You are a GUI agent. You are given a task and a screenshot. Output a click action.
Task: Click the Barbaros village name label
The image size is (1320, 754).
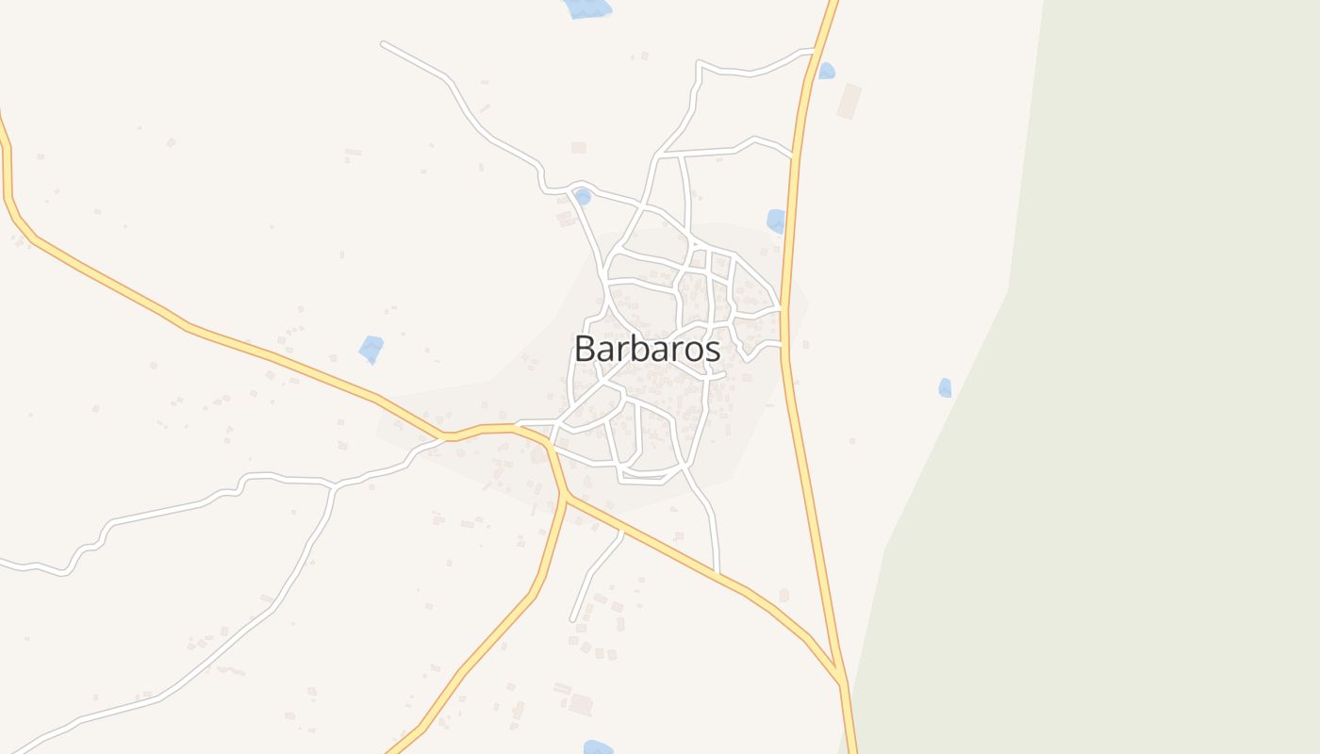click(x=648, y=349)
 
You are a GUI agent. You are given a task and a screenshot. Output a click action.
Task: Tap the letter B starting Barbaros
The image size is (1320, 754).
click(x=586, y=349)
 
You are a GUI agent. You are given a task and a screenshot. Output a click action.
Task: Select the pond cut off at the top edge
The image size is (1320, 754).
click(x=586, y=8)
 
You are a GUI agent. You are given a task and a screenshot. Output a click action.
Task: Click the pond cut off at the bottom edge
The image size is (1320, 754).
click(x=598, y=747)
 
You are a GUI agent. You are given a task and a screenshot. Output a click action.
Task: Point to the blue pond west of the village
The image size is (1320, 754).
click(x=371, y=349)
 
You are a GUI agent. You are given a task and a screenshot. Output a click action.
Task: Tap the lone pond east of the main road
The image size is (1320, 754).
click(x=945, y=387)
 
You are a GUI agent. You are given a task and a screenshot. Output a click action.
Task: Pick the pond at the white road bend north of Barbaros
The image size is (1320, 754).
click(x=583, y=196)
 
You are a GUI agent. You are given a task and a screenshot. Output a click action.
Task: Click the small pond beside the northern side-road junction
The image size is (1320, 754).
click(x=826, y=71)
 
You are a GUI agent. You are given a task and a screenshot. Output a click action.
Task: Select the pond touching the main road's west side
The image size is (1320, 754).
click(x=776, y=221)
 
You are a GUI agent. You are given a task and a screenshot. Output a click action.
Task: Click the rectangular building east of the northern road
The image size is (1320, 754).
click(x=850, y=101)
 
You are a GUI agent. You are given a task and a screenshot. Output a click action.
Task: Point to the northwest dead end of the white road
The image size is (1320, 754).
click(x=383, y=43)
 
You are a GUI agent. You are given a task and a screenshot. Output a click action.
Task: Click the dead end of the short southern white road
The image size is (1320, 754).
click(x=572, y=619)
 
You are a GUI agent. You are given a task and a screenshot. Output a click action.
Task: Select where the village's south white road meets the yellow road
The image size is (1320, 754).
click(x=718, y=573)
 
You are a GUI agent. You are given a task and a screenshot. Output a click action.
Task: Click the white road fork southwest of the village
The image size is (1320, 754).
click(x=334, y=486)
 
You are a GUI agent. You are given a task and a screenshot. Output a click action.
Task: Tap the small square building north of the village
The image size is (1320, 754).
click(x=578, y=147)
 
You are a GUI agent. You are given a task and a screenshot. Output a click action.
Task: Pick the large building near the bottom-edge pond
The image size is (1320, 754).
click(x=580, y=704)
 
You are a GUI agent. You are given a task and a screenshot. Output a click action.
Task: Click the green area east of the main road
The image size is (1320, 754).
click(x=1131, y=377)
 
